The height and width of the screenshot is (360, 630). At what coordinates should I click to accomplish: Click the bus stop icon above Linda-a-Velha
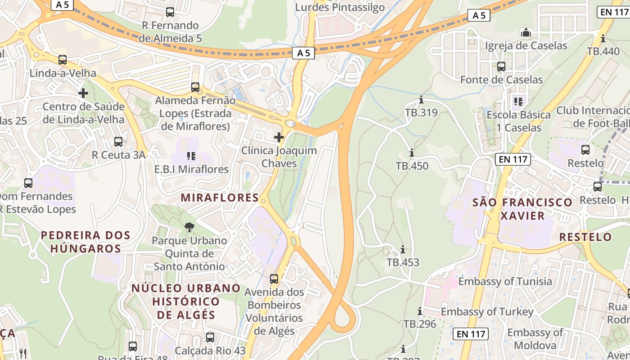coord(63,59)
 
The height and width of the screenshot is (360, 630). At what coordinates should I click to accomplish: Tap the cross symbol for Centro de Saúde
coord(83,93)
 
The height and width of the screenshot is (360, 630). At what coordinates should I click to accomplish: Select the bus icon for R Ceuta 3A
coord(118,142)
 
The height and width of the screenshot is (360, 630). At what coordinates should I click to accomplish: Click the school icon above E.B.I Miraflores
coord(191,156)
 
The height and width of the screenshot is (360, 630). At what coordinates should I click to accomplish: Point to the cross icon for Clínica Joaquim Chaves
coord(279,137)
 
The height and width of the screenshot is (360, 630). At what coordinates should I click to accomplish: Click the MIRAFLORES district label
coord(220,198)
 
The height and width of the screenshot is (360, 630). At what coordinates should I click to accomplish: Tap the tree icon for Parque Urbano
coord(189,227)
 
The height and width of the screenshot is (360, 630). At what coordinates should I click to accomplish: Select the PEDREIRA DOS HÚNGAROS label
coord(85,242)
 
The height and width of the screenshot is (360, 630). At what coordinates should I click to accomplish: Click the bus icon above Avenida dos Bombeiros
coord(274,279)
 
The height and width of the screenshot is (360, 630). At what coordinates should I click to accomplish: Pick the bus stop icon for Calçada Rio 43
coord(210,337)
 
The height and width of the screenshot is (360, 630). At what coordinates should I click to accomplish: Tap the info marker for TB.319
coord(421,99)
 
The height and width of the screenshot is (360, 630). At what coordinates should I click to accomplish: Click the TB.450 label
coord(412,166)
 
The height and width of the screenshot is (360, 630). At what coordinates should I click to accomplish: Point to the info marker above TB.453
coord(403,249)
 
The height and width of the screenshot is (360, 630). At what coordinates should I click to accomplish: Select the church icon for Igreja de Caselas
coord(526,32)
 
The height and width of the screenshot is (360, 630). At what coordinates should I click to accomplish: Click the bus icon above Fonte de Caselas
coord(501,67)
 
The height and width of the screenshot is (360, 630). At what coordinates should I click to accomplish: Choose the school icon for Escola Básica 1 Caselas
coord(518,102)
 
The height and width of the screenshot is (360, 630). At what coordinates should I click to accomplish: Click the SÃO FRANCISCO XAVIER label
coord(522,209)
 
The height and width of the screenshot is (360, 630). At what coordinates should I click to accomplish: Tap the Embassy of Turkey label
coord(487,311)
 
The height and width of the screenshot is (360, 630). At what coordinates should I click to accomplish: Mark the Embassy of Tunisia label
coord(505,282)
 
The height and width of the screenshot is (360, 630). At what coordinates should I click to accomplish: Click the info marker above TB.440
coord(603,38)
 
